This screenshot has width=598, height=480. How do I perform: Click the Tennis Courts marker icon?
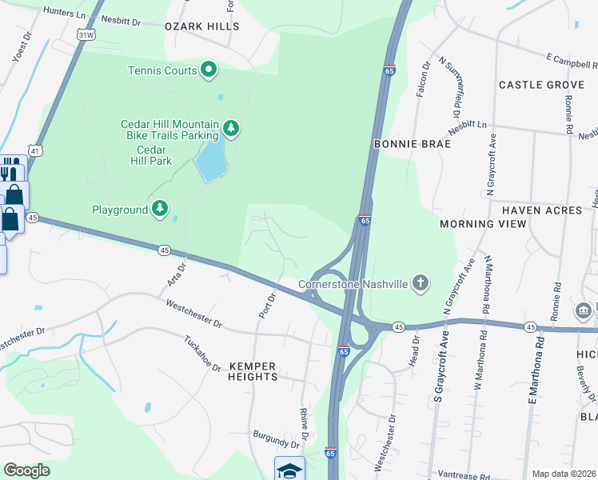(209, 70)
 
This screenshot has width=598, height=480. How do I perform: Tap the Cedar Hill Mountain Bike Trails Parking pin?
(231, 128)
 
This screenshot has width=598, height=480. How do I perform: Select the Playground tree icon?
(161, 210)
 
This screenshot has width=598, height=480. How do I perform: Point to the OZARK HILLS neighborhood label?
(201, 26)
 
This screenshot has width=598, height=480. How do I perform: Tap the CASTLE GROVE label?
(541, 85)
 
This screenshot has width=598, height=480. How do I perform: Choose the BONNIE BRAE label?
(412, 144)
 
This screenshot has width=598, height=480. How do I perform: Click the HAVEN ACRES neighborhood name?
(541, 210)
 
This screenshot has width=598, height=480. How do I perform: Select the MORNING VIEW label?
(483, 224)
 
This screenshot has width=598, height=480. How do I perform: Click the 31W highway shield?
(87, 35)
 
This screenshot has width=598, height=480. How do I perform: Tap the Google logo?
(26, 470)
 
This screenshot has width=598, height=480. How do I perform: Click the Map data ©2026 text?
(564, 474)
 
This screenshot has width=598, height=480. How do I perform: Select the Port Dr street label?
(267, 306)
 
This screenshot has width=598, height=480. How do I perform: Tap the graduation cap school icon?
(289, 470)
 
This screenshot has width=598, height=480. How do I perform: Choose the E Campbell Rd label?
(572, 60)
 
